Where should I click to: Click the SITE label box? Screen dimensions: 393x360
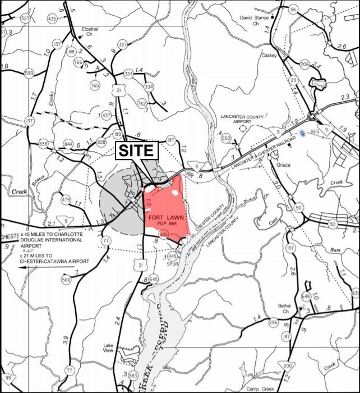(x=137, y=150)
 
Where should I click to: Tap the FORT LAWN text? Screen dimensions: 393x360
(x=164, y=217)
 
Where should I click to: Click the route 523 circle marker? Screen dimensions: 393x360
(x=26, y=18)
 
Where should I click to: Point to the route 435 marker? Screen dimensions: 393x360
(x=52, y=19)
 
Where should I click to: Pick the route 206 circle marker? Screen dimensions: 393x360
(x=304, y=65)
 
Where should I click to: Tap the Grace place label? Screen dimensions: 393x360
(x=283, y=165)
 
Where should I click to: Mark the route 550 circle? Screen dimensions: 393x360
(x=226, y=138)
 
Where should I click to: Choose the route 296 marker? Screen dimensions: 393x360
(x=273, y=322)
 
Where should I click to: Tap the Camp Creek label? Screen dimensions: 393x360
(x=260, y=389)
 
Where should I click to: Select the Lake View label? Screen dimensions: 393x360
(x=108, y=348)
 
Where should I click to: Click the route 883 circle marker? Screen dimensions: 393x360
(x=133, y=375)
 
